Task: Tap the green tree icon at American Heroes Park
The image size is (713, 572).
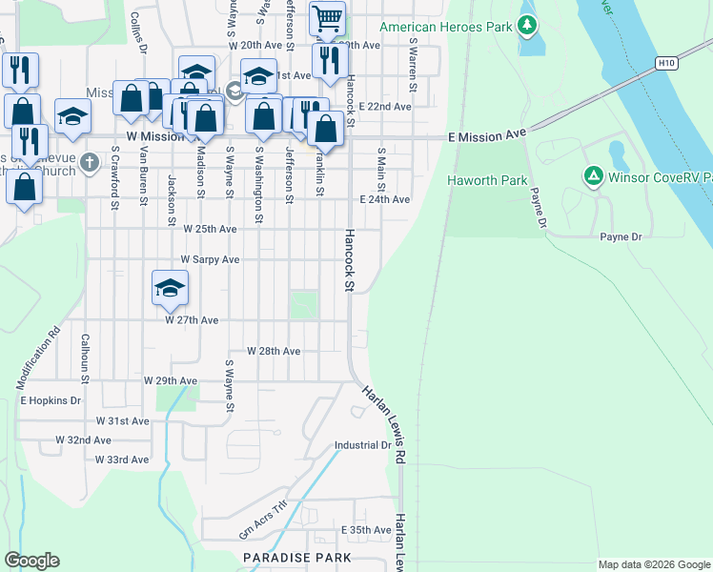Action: click(527, 26)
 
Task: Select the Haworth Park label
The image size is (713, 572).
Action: click(474, 180)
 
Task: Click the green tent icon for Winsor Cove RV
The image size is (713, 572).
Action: click(593, 175)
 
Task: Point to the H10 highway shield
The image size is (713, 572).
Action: click(666, 64)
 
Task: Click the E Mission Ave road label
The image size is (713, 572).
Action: click(488, 137)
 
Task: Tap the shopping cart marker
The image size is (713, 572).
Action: click(327, 18)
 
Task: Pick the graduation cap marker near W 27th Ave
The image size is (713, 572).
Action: click(170, 289)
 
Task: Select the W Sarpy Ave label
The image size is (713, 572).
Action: click(210, 259)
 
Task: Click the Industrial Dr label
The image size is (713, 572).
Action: click(362, 445)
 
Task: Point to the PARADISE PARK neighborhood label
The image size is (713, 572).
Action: click(296, 558)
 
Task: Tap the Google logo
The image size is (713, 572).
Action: click(31, 562)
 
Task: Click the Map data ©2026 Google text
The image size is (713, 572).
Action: click(653, 564)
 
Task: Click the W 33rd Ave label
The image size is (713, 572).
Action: click(122, 460)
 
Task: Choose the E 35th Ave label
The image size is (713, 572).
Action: click(366, 530)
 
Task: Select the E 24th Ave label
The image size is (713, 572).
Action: click(384, 200)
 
